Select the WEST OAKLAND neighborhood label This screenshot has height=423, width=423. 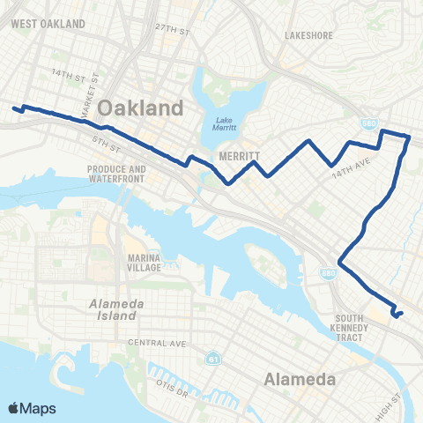[x=48, y=22]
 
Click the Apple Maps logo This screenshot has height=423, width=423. [x=31, y=407]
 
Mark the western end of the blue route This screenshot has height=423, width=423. [x=14, y=109]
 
